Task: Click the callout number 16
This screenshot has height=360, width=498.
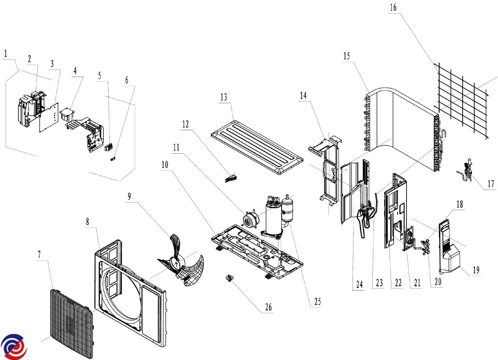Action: [393, 7]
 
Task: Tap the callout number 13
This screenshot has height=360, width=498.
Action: [223, 97]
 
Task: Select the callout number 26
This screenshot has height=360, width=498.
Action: [268, 307]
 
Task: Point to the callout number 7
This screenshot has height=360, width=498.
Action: [39, 254]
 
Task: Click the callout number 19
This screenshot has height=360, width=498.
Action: [476, 270]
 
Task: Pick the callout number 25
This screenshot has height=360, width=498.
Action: [318, 301]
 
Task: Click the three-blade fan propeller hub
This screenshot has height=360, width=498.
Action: [175, 260]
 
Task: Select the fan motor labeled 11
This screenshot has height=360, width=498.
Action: [250, 219]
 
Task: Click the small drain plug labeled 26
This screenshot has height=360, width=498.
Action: [229, 279]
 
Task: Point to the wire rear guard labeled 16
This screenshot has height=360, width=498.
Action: [462, 100]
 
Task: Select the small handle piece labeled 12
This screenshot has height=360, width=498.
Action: [231, 178]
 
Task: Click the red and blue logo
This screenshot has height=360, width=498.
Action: [14, 346]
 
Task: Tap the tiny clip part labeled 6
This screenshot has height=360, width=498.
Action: [113, 159]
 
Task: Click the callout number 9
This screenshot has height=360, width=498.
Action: [129, 196]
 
